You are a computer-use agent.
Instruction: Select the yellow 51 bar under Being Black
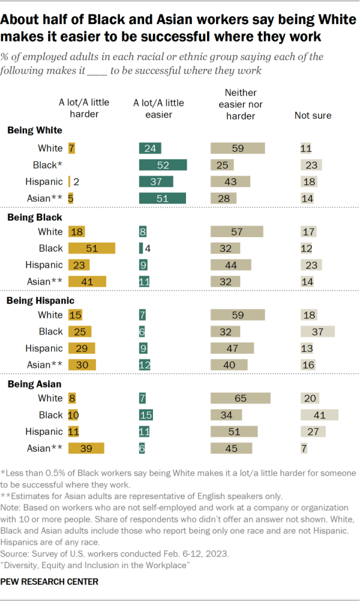92,248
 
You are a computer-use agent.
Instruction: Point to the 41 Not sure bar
319,415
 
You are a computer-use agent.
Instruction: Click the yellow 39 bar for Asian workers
86,448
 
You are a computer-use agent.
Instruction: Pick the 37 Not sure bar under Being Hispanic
317,331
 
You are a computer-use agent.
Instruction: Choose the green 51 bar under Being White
162,198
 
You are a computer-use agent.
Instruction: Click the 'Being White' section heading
35,130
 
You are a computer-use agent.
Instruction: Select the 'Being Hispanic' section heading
41,300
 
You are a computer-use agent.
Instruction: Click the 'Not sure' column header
313,115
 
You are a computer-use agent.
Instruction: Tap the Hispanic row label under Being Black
44,265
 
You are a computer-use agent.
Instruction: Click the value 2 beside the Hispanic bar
76,182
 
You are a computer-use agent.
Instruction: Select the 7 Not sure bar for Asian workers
304,448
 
